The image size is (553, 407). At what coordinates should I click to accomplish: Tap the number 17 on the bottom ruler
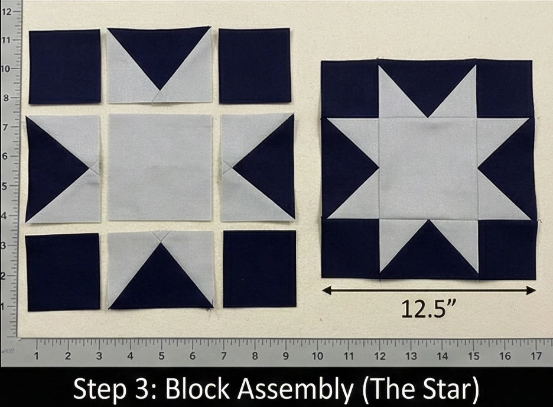(x=536, y=356)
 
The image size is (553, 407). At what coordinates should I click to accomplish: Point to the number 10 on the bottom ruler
(x=317, y=356)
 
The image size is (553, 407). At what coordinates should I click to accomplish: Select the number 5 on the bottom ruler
(x=161, y=356)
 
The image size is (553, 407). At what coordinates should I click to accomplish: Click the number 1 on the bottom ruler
(x=37, y=356)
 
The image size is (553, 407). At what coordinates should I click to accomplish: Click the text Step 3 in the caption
(x=116, y=390)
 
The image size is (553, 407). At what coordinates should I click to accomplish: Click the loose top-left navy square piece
(x=65, y=67)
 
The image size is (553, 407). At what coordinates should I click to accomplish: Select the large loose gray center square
(x=160, y=167)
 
